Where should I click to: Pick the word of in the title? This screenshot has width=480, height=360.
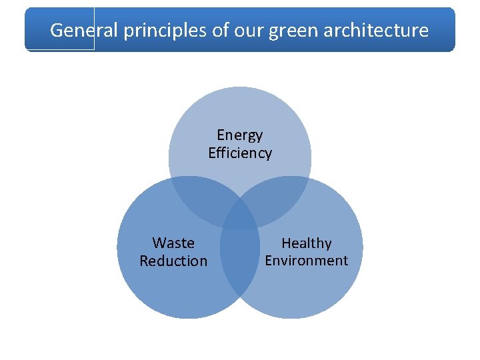point(223,30)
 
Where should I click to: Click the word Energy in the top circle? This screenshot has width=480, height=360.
point(240,135)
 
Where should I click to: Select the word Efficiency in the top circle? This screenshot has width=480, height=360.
point(240,153)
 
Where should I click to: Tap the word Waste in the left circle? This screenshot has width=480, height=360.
point(173,243)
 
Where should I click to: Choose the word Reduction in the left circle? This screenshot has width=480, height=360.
point(173,261)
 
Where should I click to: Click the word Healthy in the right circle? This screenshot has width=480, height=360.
point(307,243)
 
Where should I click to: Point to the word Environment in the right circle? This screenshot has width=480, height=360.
point(307,261)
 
